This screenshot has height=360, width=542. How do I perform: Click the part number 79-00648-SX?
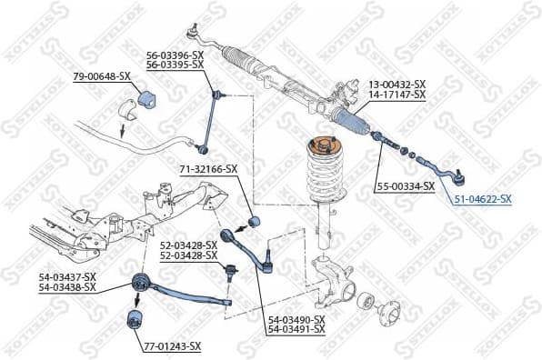[x=101, y=76]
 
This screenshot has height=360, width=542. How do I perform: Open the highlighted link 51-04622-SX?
[x=482, y=199]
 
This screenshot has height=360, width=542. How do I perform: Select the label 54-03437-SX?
[x=69, y=276]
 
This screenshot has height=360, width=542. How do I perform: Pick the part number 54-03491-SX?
[x=296, y=329]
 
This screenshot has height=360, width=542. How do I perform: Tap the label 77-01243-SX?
[x=172, y=346]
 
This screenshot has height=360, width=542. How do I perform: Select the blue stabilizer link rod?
[x=216, y=118]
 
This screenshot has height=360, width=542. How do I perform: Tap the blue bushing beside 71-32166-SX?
[x=256, y=220]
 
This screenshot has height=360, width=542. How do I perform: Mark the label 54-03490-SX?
[x=296, y=319]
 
